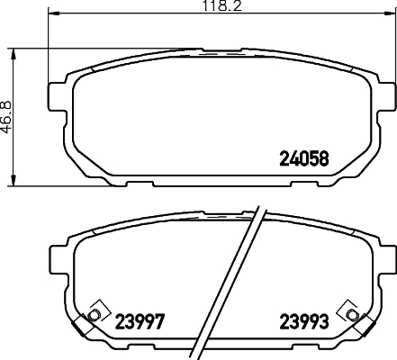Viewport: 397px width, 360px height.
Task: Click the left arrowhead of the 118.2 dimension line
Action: point(50,15)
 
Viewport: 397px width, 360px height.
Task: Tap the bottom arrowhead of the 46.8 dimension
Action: point(12,181)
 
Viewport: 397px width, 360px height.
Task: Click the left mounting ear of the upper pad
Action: point(55,94)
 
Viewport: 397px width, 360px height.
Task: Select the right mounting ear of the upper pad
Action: point(385,94)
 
